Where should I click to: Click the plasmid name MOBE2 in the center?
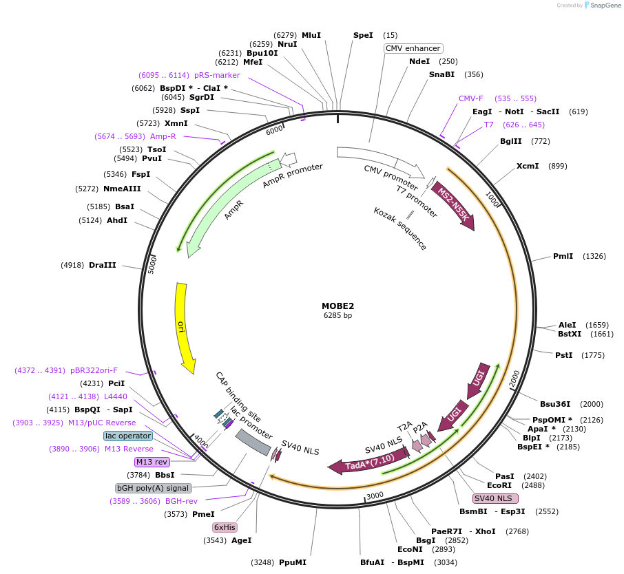[x=337, y=306]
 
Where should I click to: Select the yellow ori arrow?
[x=184, y=323]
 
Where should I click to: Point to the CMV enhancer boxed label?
[x=413, y=48]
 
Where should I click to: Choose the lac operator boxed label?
[x=128, y=436]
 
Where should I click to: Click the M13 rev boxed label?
[x=152, y=462]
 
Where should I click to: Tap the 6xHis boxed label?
[x=225, y=527]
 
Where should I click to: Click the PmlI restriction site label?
[x=563, y=256]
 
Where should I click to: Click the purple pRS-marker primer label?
[x=216, y=75]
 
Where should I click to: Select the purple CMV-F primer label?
[x=471, y=98]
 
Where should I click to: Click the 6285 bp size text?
[x=337, y=316]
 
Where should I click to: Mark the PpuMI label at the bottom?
[x=292, y=562]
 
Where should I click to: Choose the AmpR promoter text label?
[x=293, y=176]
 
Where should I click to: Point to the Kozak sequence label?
[x=400, y=228]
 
